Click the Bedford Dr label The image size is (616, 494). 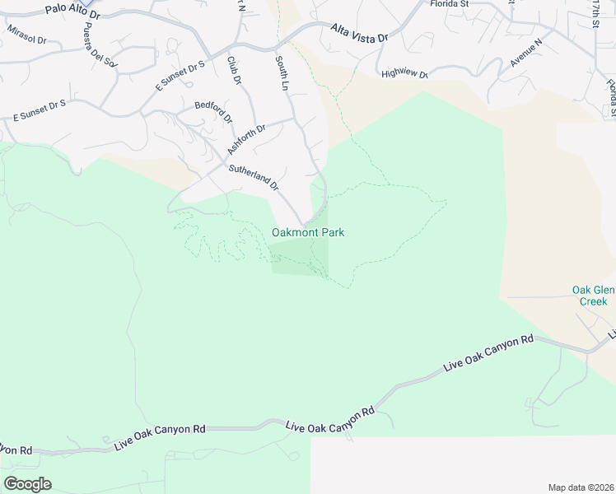(x=214, y=111)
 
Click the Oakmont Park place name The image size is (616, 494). (x=308, y=233)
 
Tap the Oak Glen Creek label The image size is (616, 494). (x=590, y=296)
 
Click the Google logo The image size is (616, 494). (x=27, y=484)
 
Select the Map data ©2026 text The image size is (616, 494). (x=581, y=487)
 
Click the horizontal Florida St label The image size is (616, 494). (x=450, y=4)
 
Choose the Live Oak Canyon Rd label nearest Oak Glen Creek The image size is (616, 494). (x=488, y=352)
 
